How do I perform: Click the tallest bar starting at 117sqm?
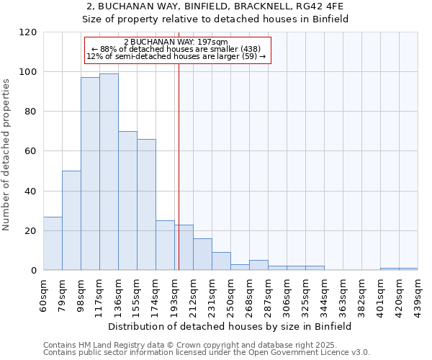click(x=109, y=172)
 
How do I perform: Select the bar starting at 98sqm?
click(x=90, y=174)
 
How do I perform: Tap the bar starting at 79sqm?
click(x=71, y=220)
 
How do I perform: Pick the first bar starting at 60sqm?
click(x=53, y=243)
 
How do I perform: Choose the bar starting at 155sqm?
click(x=146, y=204)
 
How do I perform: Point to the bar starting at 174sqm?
click(x=165, y=246)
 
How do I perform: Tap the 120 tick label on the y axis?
click(x=28, y=32)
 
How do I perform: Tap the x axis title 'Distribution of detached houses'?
click(x=230, y=327)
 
